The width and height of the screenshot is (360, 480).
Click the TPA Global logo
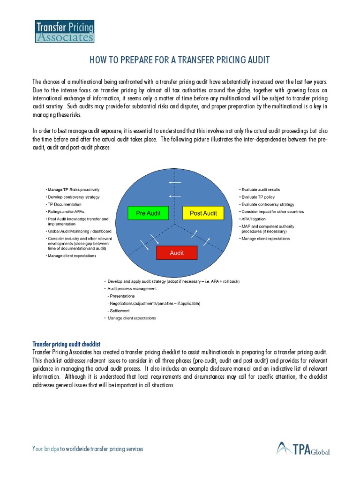click(x=303, y=448)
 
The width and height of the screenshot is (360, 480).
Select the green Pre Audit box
click(x=148, y=213)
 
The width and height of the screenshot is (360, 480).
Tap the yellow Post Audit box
click(x=203, y=213)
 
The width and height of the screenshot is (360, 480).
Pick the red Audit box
click(x=177, y=253)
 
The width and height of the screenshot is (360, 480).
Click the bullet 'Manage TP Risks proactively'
click(x=74, y=189)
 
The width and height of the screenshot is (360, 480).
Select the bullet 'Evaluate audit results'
click(x=261, y=189)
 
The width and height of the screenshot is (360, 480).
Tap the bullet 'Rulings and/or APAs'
click(x=67, y=211)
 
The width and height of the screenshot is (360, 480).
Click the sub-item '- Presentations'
click(x=121, y=296)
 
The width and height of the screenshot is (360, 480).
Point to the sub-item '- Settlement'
click(x=119, y=311)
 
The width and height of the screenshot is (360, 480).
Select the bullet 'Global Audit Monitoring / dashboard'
click(x=80, y=231)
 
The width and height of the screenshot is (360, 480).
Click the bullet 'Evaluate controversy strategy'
click(x=268, y=204)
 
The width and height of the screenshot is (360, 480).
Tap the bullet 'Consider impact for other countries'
click(x=272, y=211)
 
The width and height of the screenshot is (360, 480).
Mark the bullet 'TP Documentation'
click(x=65, y=204)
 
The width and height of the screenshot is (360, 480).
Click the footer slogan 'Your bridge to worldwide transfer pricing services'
click(x=88, y=449)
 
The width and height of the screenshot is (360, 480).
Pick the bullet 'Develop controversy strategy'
click(x=74, y=197)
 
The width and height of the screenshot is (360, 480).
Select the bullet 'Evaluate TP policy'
click(x=258, y=197)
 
